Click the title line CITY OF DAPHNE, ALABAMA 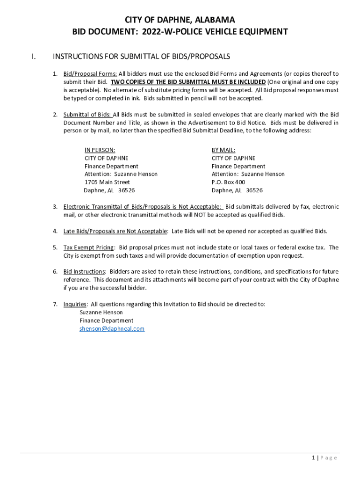(x=180, y=20)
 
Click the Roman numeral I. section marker (x=33, y=57)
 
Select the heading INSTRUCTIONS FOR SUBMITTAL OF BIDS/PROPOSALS (x=141, y=57)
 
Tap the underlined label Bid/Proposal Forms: (x=90, y=74)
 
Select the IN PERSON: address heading (x=100, y=150)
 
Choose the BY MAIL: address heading (x=223, y=150)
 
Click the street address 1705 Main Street (x=107, y=182)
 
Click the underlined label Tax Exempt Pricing (x=88, y=247)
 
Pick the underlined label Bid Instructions (x=84, y=272)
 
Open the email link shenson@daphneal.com (x=112, y=329)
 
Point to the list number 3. (x=55, y=207)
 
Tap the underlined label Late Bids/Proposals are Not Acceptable (x=115, y=231)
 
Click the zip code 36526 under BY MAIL (x=254, y=190)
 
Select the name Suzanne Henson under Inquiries (x=101, y=312)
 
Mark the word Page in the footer (x=329, y=457)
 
